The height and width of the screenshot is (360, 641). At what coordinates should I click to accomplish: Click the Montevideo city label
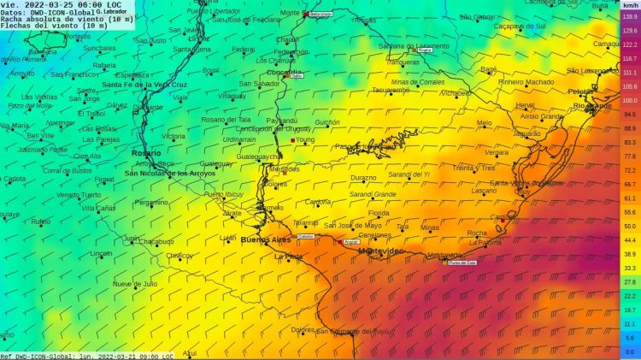pos(380,251)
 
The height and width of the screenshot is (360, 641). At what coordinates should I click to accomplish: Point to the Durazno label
pos(362,178)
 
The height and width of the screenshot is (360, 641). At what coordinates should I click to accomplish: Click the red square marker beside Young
pos(292,139)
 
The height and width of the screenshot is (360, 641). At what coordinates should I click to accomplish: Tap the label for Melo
pos(484,122)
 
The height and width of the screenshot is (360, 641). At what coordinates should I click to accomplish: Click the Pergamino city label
pos(151,202)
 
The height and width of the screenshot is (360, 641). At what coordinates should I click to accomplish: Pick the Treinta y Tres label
pos(473,168)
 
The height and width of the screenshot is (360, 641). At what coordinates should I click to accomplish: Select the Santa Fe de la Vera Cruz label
pos(144,85)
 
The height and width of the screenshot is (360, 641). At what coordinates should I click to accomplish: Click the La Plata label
pos(288,256)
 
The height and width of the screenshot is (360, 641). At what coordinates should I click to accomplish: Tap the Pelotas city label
pos(581,91)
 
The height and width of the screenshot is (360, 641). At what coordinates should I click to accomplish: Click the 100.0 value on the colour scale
pos(628,100)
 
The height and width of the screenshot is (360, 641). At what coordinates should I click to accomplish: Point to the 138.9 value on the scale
pos(628,16)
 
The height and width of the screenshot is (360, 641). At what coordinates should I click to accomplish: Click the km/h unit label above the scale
pos(628,5)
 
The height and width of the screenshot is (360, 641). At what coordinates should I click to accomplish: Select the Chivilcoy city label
pos(179,256)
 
